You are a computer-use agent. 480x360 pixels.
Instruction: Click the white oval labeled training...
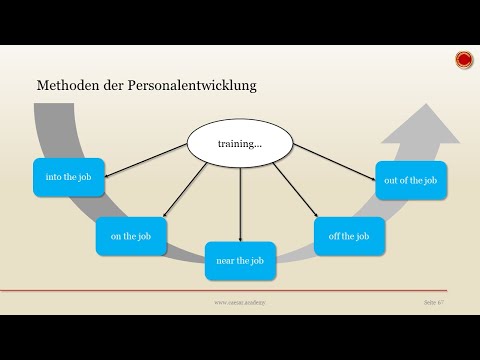[240, 144]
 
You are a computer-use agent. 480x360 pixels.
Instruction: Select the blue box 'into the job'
[68, 177]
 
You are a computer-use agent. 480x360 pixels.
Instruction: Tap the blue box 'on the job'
[131, 236]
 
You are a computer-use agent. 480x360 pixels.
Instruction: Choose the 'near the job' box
[240, 260]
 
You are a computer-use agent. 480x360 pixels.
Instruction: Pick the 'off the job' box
[348, 236]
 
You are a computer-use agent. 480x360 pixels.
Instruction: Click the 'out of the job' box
[411, 180]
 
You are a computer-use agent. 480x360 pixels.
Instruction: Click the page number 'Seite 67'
[437, 300]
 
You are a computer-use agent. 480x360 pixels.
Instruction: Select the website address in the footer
[238, 300]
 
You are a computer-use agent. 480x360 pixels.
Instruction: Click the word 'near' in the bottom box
[223, 260]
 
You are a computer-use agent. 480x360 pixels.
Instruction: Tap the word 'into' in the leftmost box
[54, 177]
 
